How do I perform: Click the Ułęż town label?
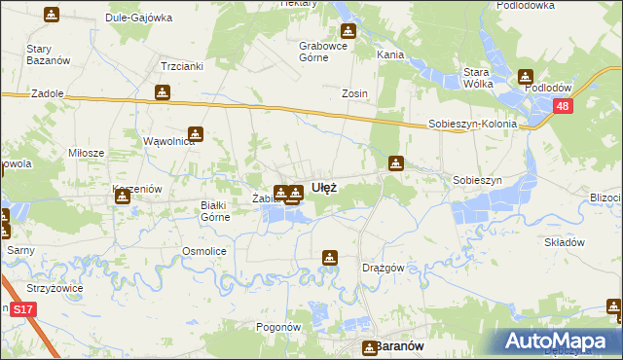click(324, 187)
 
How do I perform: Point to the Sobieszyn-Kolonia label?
click(471, 126)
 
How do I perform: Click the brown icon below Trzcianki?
click(163, 92)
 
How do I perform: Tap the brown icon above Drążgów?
click(330, 257)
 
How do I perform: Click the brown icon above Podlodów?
click(526, 76)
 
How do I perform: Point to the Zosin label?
click(354, 94)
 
